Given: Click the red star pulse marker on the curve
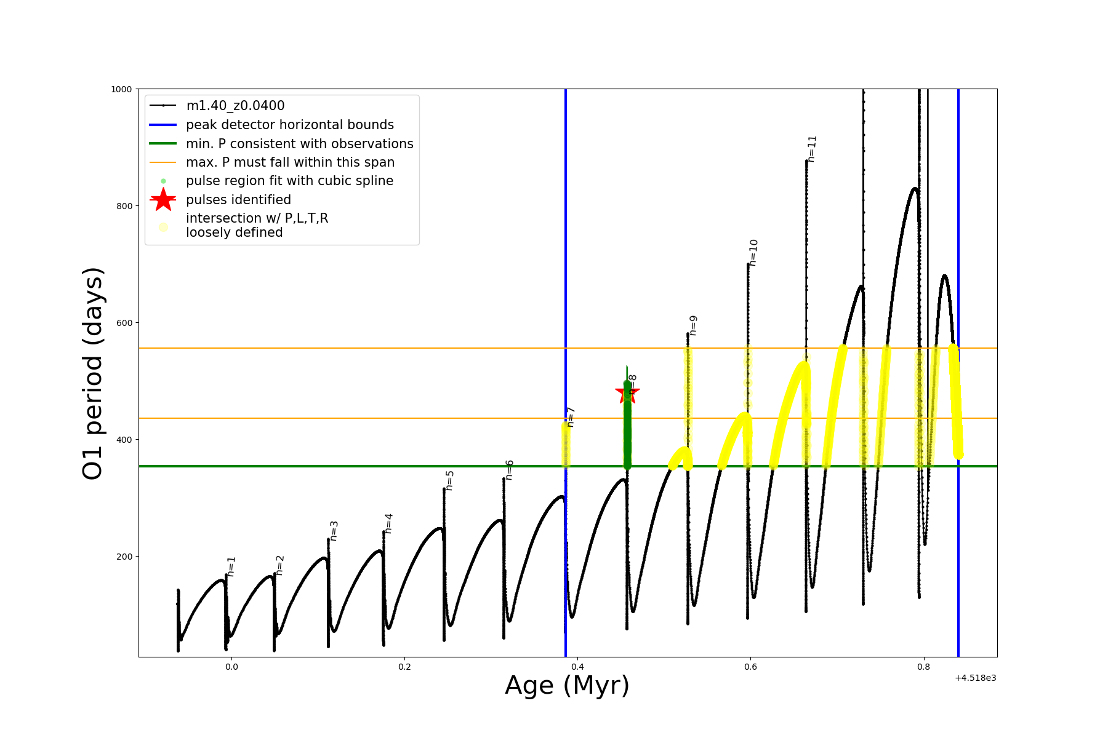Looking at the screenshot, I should [x=627, y=392].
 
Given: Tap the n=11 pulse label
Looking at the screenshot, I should [x=812, y=149].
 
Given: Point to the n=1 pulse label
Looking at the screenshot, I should [x=231, y=566].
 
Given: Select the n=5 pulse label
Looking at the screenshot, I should [x=450, y=480].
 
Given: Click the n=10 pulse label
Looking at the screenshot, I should [x=753, y=252].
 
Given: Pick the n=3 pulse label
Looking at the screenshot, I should [x=334, y=530].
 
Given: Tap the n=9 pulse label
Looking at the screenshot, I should [x=693, y=325].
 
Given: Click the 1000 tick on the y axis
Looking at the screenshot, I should [x=121, y=89].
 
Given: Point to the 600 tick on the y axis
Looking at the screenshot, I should [x=124, y=323].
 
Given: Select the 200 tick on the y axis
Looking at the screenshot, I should [x=124, y=557].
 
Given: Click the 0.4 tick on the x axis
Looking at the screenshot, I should [x=577, y=667].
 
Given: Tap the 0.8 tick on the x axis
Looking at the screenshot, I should [x=923, y=667].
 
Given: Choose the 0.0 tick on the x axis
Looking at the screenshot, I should [x=231, y=667].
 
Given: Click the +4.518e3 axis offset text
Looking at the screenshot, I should [x=975, y=678].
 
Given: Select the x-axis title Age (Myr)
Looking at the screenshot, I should [x=567, y=685].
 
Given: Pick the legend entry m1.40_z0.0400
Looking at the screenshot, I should [x=235, y=106].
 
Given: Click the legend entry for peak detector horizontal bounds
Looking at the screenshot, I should [x=289, y=125].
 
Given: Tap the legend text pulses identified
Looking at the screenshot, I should [x=238, y=200].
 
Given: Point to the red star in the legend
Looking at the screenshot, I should [x=163, y=200].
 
